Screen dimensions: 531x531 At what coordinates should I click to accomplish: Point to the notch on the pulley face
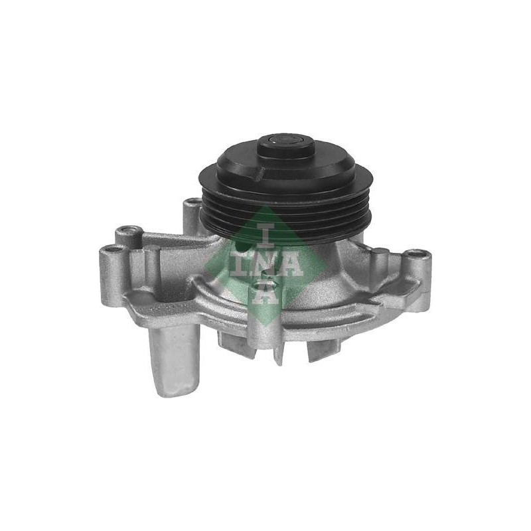(260, 172)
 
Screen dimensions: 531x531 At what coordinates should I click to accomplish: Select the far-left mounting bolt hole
(112, 250)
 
